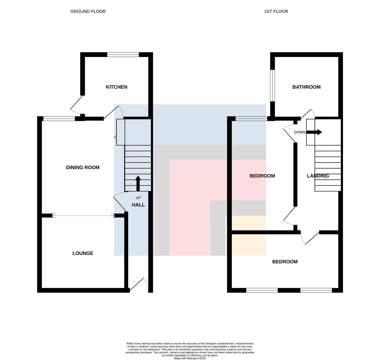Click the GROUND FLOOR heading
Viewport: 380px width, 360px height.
(x=88, y=12)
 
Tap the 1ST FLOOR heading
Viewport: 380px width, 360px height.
(x=276, y=12)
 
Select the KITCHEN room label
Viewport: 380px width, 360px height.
(x=117, y=87)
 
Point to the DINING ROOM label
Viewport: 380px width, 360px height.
(x=83, y=167)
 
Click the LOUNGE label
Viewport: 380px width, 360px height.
(x=83, y=253)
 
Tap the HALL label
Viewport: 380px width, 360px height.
(x=138, y=205)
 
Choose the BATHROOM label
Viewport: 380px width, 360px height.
(x=306, y=87)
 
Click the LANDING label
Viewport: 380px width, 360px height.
(x=318, y=176)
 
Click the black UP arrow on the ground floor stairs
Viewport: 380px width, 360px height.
(x=138, y=183)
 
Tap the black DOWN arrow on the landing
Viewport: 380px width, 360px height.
(x=314, y=132)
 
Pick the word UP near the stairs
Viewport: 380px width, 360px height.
(x=138, y=198)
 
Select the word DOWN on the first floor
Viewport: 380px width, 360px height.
(x=300, y=132)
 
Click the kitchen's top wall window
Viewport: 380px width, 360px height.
(x=123, y=54)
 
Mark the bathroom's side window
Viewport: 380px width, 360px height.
(x=272, y=85)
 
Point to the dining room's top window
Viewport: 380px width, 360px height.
(x=59, y=119)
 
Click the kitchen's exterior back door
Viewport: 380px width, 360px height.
(x=77, y=105)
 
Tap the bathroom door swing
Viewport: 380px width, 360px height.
(x=307, y=114)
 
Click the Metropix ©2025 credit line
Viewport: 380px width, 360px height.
(x=190, y=358)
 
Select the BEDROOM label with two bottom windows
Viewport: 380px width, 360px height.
(x=285, y=262)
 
